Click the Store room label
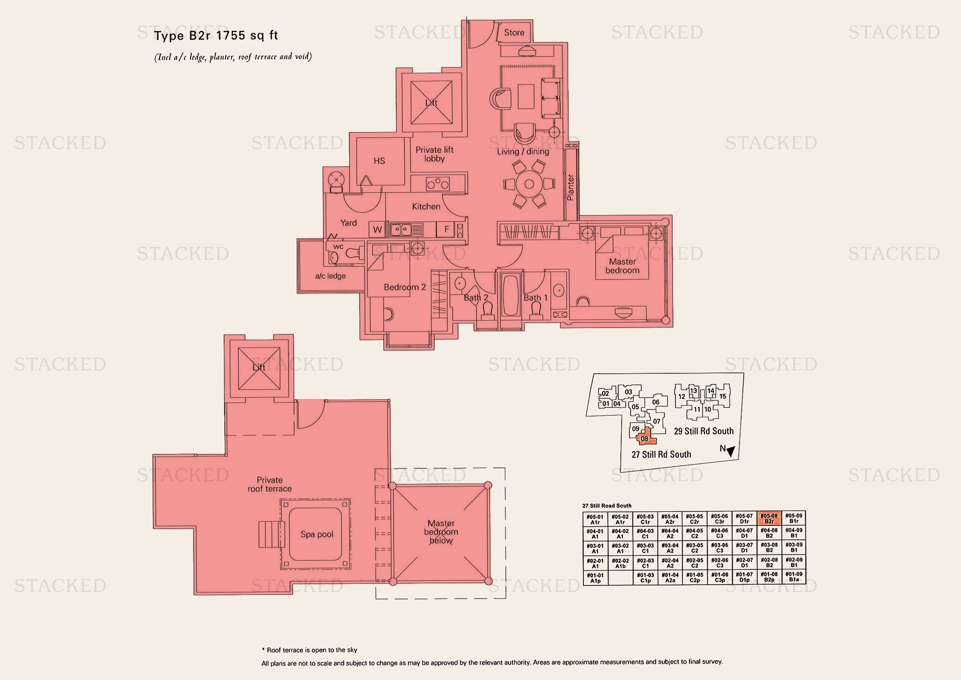click(x=514, y=32)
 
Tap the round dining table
click(x=529, y=184)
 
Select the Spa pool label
click(x=317, y=534)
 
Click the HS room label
click(x=379, y=161)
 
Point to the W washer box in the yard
click(x=378, y=229)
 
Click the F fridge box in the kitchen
click(x=446, y=229)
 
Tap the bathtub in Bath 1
click(x=511, y=295)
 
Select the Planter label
click(x=570, y=187)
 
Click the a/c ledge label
click(x=330, y=276)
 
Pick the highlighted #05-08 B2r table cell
click(x=769, y=519)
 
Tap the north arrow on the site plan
click(x=731, y=451)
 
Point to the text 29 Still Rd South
click(x=703, y=431)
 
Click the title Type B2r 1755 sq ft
click(x=216, y=36)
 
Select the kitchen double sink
click(x=401, y=229)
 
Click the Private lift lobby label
click(x=434, y=154)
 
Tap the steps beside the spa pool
click(x=271, y=534)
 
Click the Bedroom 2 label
click(x=405, y=287)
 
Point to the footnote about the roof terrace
click(x=310, y=650)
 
